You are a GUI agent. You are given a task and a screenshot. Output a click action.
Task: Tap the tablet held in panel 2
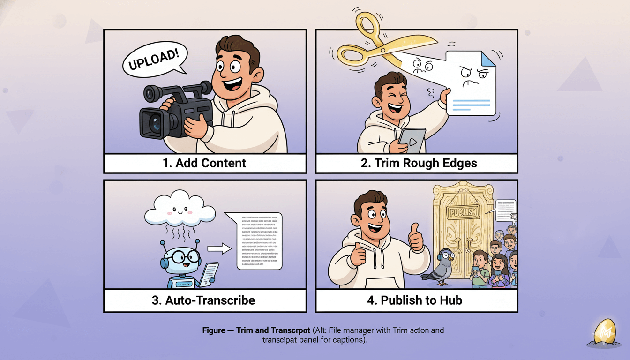tap(412, 140)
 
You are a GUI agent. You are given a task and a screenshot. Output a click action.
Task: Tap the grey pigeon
tap(439, 267)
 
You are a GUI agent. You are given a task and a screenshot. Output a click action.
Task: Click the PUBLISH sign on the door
tap(464, 212)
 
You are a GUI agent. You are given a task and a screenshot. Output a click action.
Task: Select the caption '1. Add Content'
tap(205, 163)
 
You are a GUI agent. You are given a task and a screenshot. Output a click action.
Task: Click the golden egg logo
tap(603, 332)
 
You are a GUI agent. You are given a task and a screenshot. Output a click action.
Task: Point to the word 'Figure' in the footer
tap(214, 330)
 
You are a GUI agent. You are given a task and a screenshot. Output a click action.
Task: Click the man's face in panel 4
tap(375, 216)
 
